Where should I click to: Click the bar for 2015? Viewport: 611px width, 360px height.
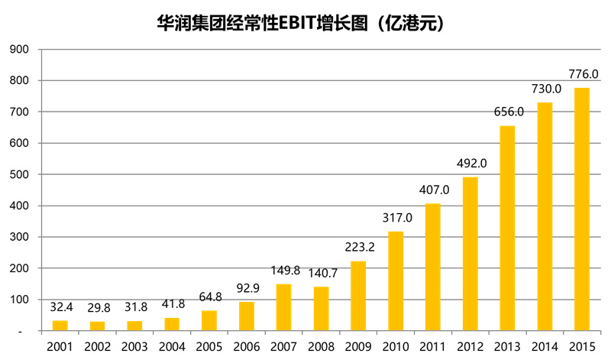[582, 209]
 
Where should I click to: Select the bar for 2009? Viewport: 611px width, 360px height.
[358, 296]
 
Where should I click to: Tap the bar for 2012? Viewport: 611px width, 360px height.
[470, 254]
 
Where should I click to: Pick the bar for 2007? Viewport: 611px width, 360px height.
[283, 307]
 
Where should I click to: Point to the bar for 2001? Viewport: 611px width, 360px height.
[60, 326]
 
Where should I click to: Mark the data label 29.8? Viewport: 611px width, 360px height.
[97, 308]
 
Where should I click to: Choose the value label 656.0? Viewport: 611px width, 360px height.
[508, 112]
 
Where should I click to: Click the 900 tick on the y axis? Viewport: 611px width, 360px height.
[19, 50]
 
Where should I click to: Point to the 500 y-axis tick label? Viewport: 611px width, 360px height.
[19, 175]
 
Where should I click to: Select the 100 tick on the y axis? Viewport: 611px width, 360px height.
[19, 300]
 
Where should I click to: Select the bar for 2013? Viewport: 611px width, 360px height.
[507, 229]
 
